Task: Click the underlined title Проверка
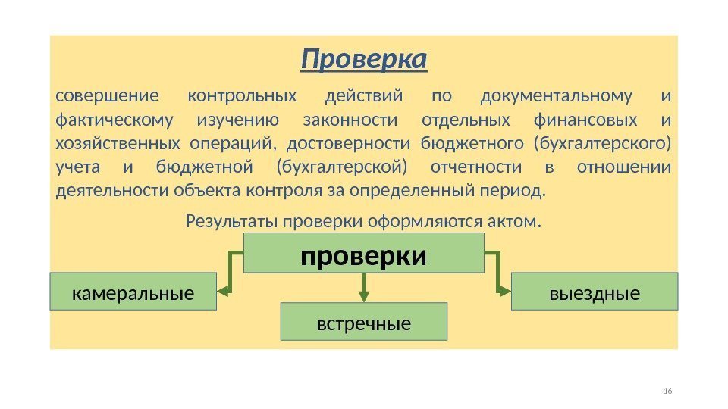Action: (x=364, y=59)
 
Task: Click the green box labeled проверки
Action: (x=363, y=253)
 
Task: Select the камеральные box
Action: (x=133, y=292)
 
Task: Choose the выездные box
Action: (x=595, y=292)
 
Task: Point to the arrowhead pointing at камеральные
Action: (x=224, y=289)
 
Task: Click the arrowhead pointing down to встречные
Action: (x=364, y=291)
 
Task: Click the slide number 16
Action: (x=667, y=391)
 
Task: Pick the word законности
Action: (x=350, y=120)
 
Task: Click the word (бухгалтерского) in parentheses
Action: (x=603, y=143)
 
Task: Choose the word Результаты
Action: (x=231, y=222)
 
